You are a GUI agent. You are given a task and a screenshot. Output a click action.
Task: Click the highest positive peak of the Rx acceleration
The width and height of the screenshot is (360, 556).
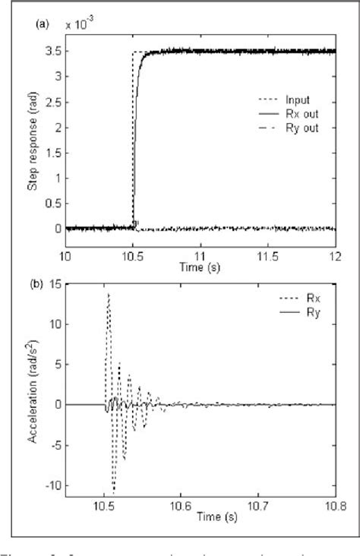point(109,293)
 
